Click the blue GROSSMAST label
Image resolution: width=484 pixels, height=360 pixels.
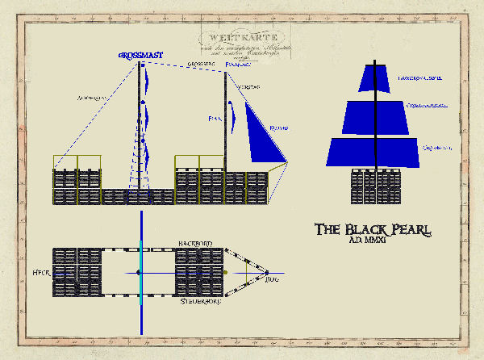[141, 55]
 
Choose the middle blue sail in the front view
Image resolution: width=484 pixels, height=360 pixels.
[375, 116]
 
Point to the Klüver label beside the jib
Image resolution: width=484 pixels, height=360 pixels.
[280, 127]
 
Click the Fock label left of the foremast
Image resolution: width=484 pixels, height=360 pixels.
[215, 119]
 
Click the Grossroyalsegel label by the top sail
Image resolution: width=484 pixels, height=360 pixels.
[420, 78]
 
